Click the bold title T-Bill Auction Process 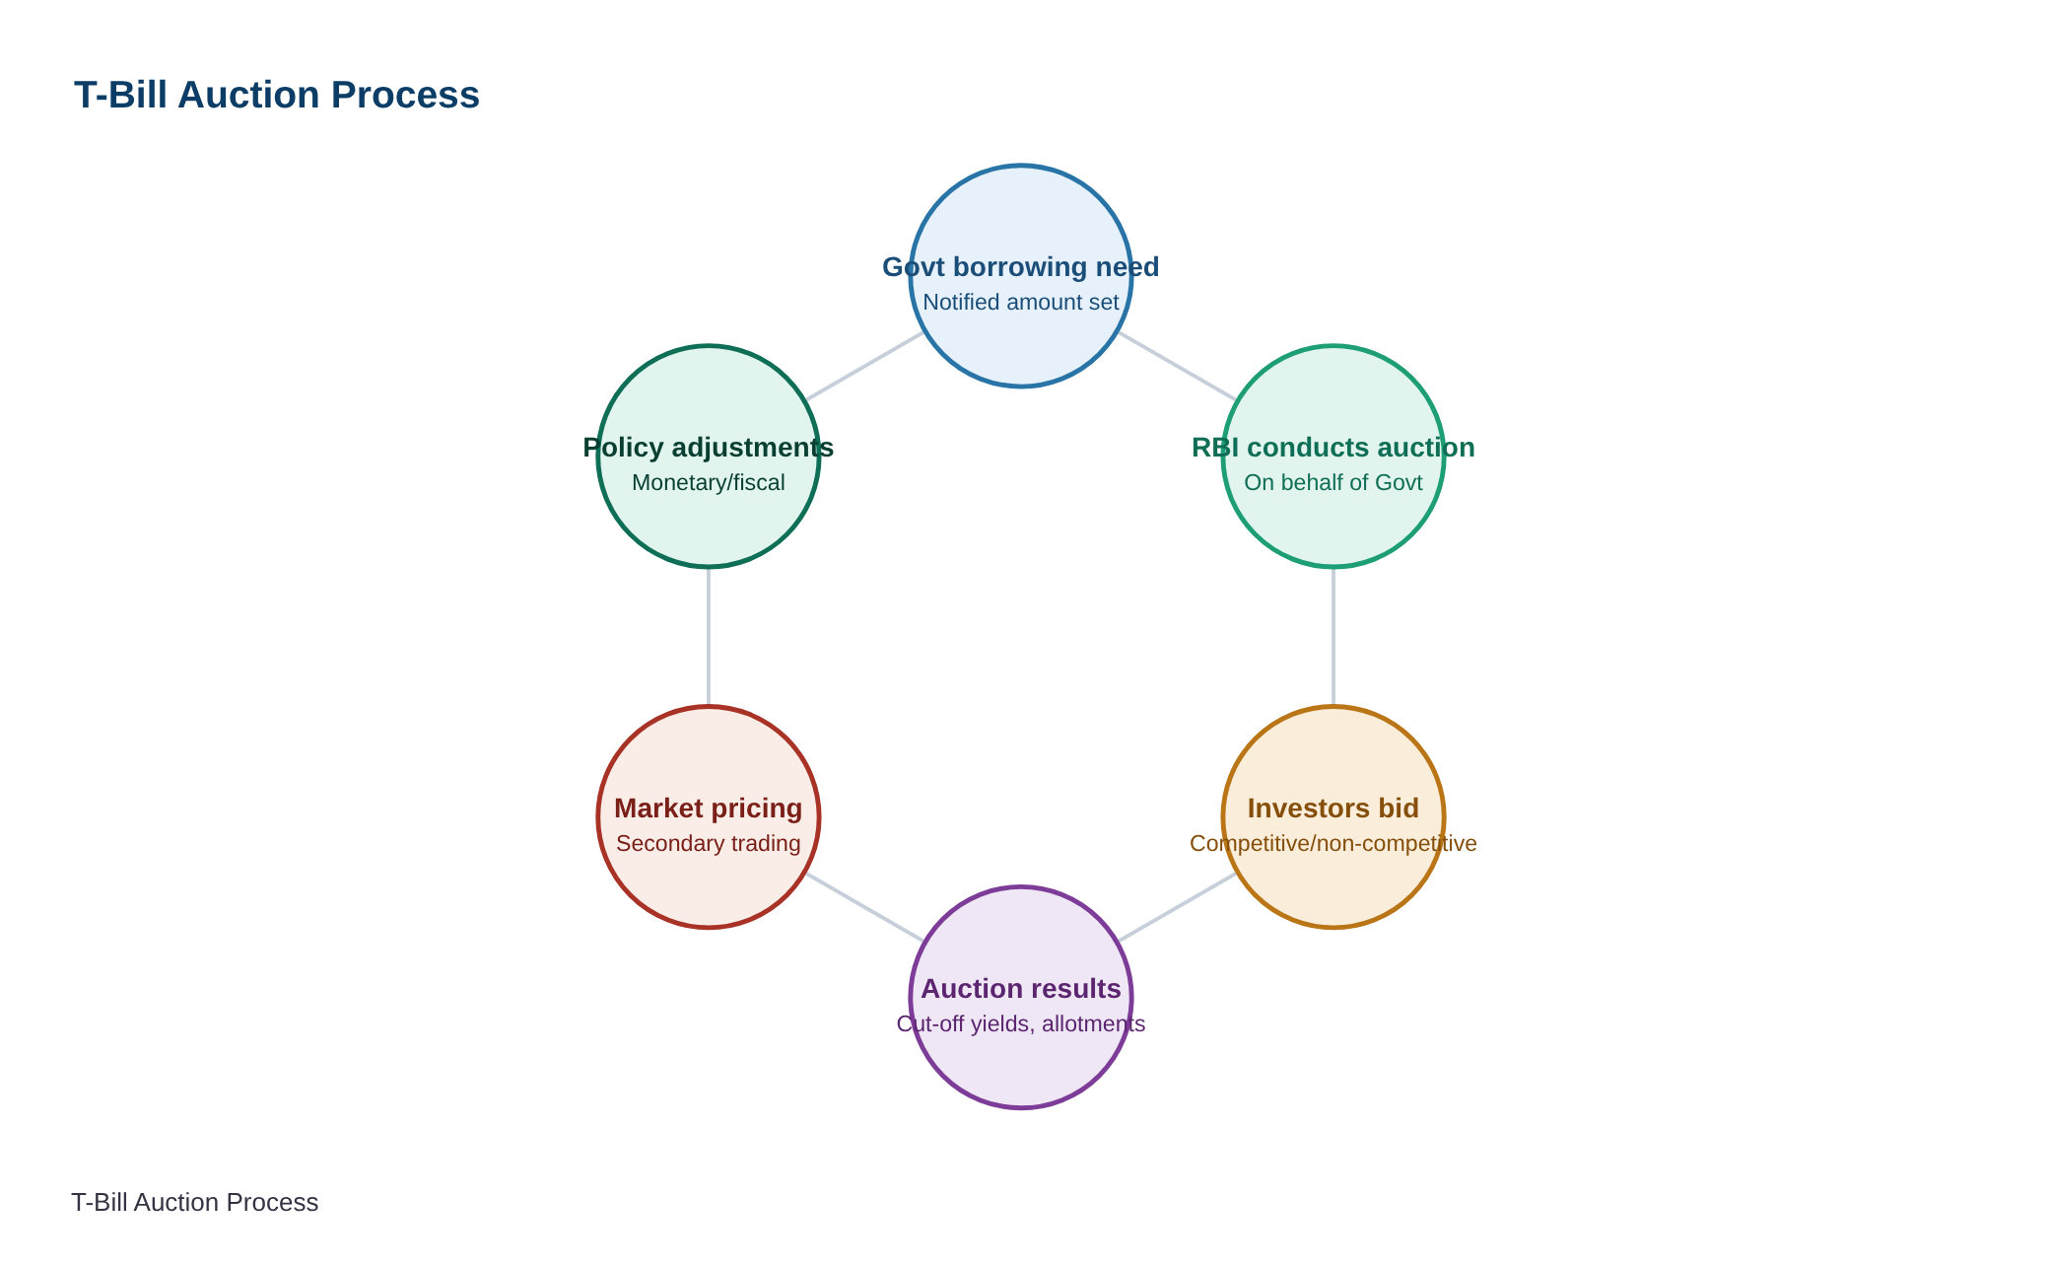pyautogui.click(x=277, y=95)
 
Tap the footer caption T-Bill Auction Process pyautogui.click(x=195, y=1202)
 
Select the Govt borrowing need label pyautogui.click(x=1021, y=267)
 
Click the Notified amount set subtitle pyautogui.click(x=1021, y=302)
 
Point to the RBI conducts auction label pyautogui.click(x=1333, y=448)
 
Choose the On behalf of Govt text pyautogui.click(x=1333, y=482)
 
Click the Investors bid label pyautogui.click(x=1333, y=809)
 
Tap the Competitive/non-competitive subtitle pyautogui.click(x=1333, y=843)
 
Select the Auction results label pyautogui.click(x=1021, y=989)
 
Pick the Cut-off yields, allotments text pyautogui.click(x=1021, y=1023)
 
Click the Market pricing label pyautogui.click(x=709, y=809)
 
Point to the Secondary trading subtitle pyautogui.click(x=709, y=843)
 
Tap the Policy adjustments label pyautogui.click(x=709, y=448)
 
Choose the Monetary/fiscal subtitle pyautogui.click(x=709, y=482)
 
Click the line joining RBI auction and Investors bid pyautogui.click(x=1333, y=637)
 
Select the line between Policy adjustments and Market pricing pyautogui.click(x=709, y=637)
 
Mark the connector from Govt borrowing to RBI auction pyautogui.click(x=1177, y=366)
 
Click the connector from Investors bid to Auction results pyautogui.click(x=1177, y=907)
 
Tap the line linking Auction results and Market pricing pyautogui.click(x=864, y=907)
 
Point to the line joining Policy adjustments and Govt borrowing pyautogui.click(x=864, y=366)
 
